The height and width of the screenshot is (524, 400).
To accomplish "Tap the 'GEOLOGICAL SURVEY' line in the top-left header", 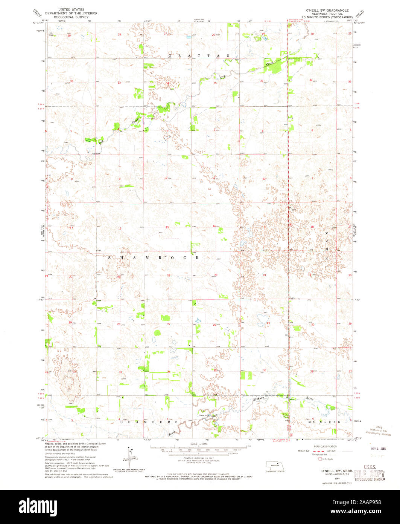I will coord(71,17).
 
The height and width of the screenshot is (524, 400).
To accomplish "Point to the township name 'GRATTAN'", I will coord(199,55).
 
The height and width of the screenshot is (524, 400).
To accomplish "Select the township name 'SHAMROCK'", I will coord(154,257).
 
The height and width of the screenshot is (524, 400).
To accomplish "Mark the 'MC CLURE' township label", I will coord(324,421).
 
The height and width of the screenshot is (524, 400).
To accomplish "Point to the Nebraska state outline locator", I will coord(275,465).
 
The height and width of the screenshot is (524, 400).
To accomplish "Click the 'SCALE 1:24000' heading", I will coord(199,444).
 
